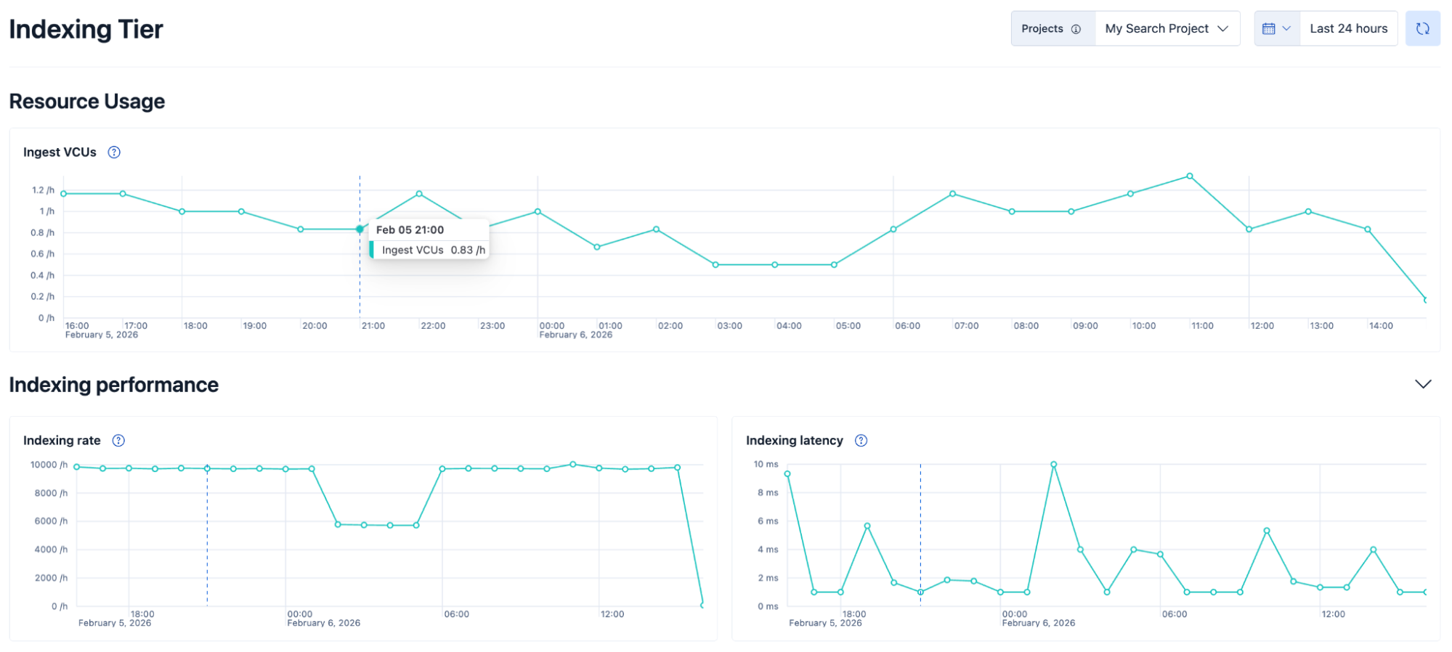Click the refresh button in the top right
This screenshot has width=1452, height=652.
[1422, 29]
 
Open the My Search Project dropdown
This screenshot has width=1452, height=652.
[1167, 29]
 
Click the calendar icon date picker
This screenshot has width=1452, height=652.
[1276, 29]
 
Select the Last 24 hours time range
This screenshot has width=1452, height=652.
[1348, 29]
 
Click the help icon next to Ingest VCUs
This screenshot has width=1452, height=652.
[114, 152]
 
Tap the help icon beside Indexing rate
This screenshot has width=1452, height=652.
[118, 441]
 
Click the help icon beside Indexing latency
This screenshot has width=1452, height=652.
[861, 441]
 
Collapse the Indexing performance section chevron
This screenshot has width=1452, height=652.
[1423, 384]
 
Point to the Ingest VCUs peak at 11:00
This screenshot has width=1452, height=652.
[1190, 176]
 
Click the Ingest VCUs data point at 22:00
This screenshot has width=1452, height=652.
[419, 194]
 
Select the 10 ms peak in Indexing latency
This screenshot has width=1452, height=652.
[1053, 465]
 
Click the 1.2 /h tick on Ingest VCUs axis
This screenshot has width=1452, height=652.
[43, 190]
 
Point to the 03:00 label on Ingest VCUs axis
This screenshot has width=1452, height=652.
[729, 326]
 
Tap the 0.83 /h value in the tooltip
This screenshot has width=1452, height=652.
[468, 250]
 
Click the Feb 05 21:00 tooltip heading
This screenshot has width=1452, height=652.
[410, 230]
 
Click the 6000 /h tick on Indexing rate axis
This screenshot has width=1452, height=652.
[51, 521]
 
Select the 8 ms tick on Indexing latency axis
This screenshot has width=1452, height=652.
[768, 493]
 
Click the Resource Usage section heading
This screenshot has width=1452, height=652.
[87, 102]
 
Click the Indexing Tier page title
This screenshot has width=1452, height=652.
[86, 30]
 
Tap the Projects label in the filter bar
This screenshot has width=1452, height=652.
[1042, 29]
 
